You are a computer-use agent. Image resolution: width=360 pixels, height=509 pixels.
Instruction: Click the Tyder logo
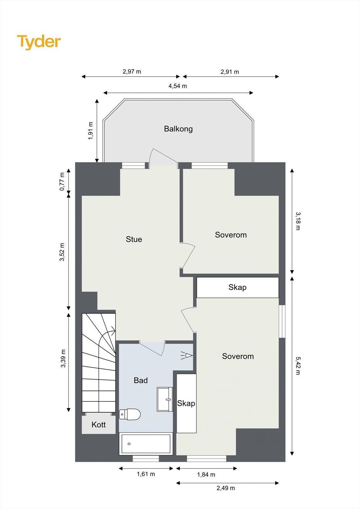coord(39,42)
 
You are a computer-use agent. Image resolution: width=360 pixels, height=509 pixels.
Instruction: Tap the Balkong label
coord(178,129)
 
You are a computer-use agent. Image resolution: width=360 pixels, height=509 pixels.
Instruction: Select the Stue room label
coord(134,239)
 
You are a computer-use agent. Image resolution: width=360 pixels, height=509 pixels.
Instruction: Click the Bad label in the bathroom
coord(141,380)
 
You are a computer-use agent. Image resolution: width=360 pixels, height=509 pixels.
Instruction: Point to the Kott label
coord(99,424)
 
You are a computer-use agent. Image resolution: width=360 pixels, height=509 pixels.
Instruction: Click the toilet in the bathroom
coord(130,414)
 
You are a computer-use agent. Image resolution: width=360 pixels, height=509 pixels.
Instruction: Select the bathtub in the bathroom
coord(146,444)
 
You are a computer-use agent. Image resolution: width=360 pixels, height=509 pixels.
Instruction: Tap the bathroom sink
coord(165,399)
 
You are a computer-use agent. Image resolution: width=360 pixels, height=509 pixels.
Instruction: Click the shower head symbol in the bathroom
coord(187,355)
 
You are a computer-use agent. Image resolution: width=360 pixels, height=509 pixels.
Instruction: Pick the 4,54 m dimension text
coord(178,86)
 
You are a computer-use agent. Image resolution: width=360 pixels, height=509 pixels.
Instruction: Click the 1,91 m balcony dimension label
coord(91,131)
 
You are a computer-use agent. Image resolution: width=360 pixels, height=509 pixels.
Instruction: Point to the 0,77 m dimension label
coord(62,182)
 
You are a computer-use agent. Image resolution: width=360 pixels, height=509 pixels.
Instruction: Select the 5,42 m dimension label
coord(298,366)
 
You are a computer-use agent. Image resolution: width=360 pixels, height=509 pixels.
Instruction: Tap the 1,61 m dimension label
coord(146,474)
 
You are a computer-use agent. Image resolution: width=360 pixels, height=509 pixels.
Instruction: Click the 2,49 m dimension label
coord(226,488)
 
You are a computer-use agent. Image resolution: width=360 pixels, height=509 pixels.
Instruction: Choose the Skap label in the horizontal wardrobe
coord(237,288)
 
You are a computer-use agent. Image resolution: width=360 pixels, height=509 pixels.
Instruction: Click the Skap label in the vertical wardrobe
coord(186,403)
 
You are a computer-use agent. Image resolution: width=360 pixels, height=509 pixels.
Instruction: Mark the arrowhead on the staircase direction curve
coord(113,329)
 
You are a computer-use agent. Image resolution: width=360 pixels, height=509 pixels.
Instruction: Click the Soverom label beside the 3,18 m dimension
coord(231,235)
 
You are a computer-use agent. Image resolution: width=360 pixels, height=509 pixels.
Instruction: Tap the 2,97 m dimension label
coord(132,72)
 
